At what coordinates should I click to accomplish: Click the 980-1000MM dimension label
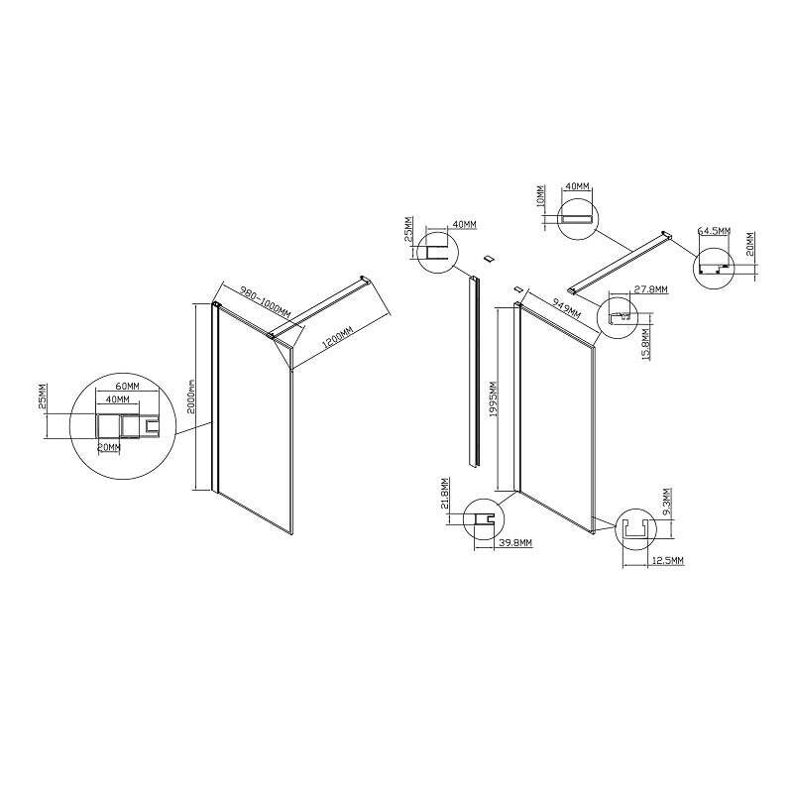[266, 303]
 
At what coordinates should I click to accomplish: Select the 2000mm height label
[190, 397]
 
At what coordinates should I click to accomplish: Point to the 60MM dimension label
[126, 386]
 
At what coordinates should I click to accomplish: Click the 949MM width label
[566, 308]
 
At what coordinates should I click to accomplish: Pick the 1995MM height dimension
[495, 399]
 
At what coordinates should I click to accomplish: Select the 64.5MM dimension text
[714, 231]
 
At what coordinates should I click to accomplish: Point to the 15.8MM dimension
[646, 344]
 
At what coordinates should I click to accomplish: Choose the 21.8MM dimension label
[444, 493]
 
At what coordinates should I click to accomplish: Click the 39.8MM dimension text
[514, 543]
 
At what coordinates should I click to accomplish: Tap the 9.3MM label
[668, 501]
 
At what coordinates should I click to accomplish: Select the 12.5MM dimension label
[667, 561]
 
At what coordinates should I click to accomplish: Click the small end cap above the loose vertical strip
[489, 259]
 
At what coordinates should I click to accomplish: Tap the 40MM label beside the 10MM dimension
[577, 185]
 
